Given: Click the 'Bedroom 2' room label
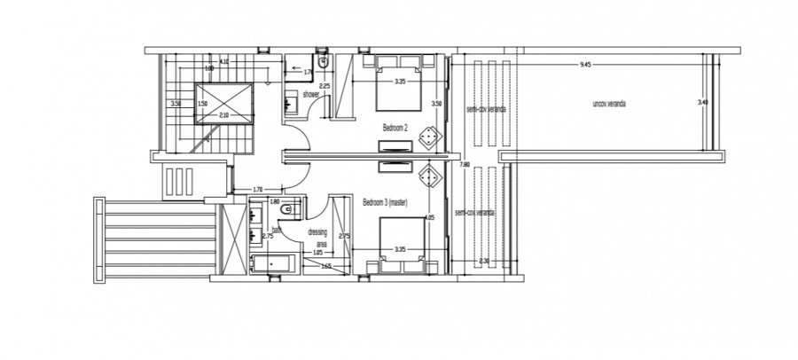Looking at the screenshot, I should point(395,128).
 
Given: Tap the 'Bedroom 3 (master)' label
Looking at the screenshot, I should point(386,202).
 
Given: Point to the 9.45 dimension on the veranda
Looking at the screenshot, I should point(584,65).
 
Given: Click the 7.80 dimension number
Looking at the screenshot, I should point(464,164).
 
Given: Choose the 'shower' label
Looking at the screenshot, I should point(310,94).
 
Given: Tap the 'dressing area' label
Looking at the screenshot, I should point(317,237).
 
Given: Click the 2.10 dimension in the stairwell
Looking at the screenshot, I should point(223,114).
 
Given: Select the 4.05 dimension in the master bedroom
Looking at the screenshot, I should point(429,218).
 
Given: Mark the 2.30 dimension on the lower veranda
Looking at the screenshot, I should point(484,260).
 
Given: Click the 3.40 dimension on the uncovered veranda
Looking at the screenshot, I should point(702,103).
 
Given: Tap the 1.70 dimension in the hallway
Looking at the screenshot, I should point(256,189).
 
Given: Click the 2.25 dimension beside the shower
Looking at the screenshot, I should point(325,86).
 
